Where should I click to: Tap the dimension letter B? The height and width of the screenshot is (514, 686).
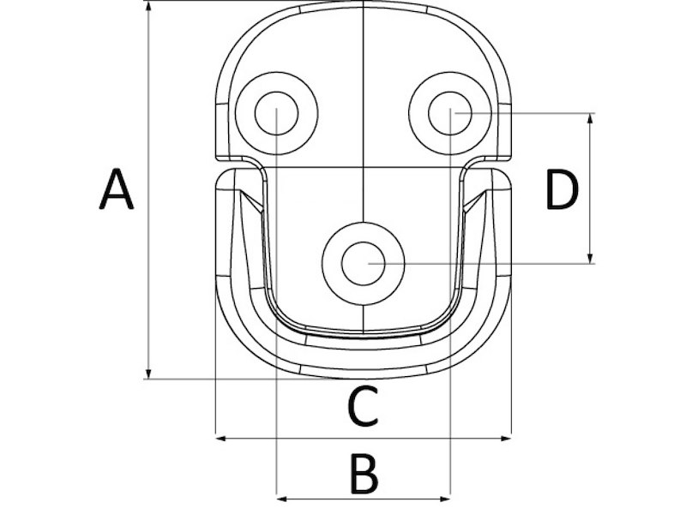pyautogui.click(x=364, y=474)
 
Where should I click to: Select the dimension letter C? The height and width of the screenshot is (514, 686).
pyautogui.click(x=363, y=407)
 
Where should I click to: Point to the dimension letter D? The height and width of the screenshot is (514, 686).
pyautogui.click(x=562, y=190)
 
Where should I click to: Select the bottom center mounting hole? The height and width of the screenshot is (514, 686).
pyautogui.click(x=363, y=262)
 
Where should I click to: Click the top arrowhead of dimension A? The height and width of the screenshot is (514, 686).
pyautogui.click(x=148, y=6)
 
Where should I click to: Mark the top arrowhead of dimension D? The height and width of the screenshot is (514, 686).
pyautogui.click(x=591, y=118)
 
